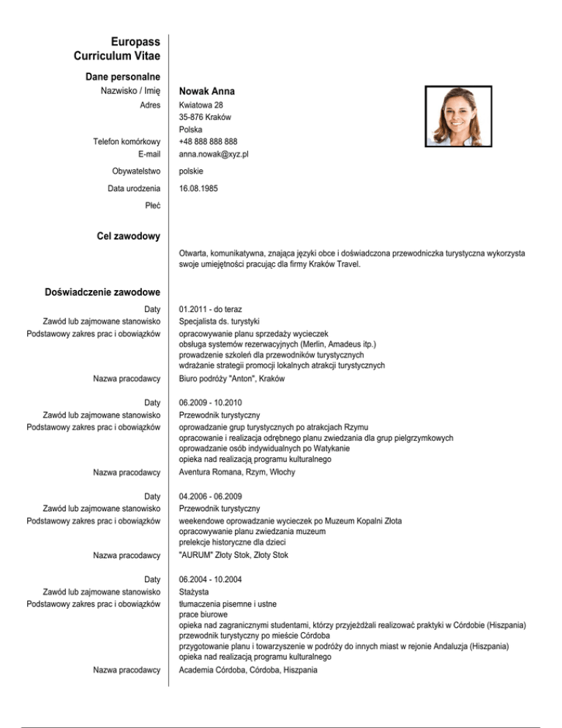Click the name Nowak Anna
pyautogui.click(x=207, y=92)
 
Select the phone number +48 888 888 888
pyautogui.click(x=209, y=141)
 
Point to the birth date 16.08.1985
pyautogui.click(x=198, y=188)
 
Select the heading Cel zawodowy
pyautogui.click(x=128, y=236)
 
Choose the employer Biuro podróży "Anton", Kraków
pyautogui.click(x=232, y=379)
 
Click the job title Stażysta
pyautogui.click(x=194, y=591)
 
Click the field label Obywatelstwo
pyautogui.click(x=136, y=171)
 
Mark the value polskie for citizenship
pyautogui.click(x=192, y=171)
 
